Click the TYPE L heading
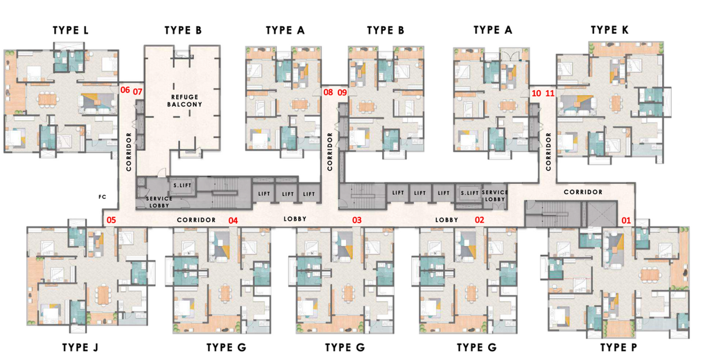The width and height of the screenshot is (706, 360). point(70,30)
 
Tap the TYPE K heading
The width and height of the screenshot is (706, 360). point(609,30)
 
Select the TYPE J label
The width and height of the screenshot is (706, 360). point(80,348)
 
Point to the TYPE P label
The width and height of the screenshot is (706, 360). point(618,348)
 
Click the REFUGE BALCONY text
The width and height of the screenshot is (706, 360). point(184,101)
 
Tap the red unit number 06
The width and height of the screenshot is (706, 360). point(125,90)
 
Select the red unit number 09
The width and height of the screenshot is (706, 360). point(342,93)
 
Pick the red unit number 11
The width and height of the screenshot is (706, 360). point(550,94)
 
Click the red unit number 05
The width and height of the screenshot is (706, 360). point(111,220)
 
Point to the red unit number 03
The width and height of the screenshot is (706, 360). point(357,220)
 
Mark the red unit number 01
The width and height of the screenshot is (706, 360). point(626,220)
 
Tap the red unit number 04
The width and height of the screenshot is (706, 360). point(233,220)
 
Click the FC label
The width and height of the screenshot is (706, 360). point(102,197)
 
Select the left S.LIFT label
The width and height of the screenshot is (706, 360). point(182,185)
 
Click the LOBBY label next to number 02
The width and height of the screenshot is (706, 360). point(447,220)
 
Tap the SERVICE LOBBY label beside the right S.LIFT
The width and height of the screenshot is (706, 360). point(495,196)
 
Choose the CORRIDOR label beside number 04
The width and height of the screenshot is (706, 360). point(196,220)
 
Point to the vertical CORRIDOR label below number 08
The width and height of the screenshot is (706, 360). point(330,152)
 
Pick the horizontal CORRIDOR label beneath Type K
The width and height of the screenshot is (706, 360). point(583,192)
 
